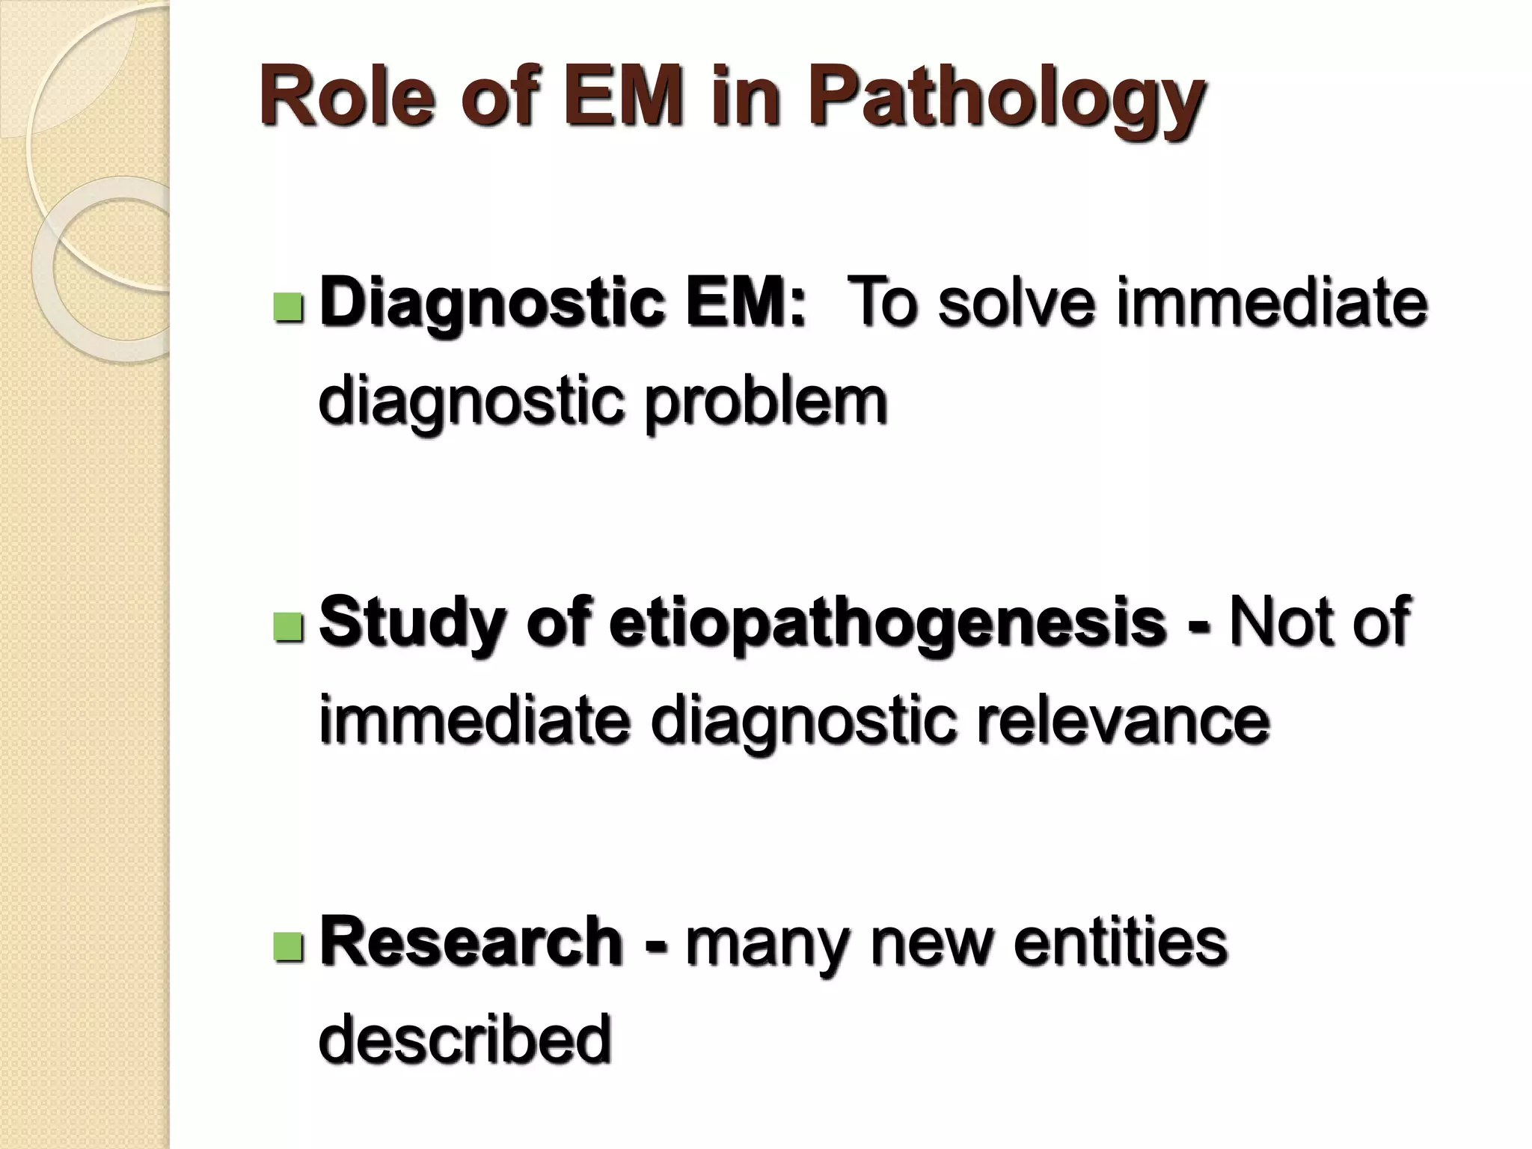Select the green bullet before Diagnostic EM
pos(288,307)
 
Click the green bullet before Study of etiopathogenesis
pos(288,627)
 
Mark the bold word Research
pos(471,943)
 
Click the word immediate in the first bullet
pos(1272,303)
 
